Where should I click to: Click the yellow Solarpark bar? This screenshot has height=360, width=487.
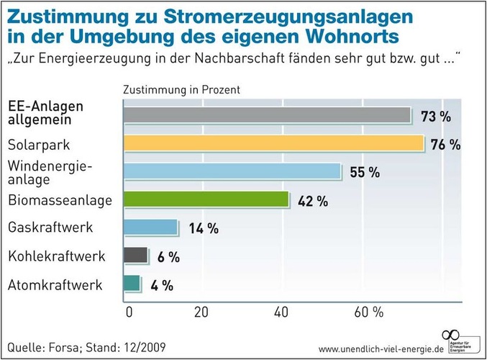pyautogui.click(x=273, y=144)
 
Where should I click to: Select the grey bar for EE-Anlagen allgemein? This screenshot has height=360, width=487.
pyautogui.click(x=267, y=116)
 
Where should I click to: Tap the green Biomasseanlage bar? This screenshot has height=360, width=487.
pyautogui.click(x=206, y=200)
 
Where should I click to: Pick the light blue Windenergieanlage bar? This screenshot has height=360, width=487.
pyautogui.click(x=232, y=172)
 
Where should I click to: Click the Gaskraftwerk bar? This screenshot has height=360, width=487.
pyautogui.click(x=150, y=228)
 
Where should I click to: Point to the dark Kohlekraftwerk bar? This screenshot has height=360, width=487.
pyautogui.click(x=136, y=256)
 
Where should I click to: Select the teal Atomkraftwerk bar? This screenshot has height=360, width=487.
pyautogui.click(x=132, y=284)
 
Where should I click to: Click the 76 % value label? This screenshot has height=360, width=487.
pyautogui.click(x=445, y=145)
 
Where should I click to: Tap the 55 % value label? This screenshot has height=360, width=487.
pyautogui.click(x=364, y=173)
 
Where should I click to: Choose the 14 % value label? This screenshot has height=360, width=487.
pyautogui.click(x=203, y=229)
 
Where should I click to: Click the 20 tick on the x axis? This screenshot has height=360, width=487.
pyautogui.click(x=201, y=312)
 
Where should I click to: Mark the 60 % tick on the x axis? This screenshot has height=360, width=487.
pyautogui.click(x=368, y=312)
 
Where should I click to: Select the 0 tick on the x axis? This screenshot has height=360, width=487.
pyautogui.click(x=129, y=312)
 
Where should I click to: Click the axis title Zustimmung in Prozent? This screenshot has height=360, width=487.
pyautogui.click(x=181, y=91)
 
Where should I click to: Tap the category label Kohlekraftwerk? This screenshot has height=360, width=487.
pyautogui.click(x=57, y=256)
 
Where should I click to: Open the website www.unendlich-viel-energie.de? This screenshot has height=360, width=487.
pyautogui.click(x=381, y=348)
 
